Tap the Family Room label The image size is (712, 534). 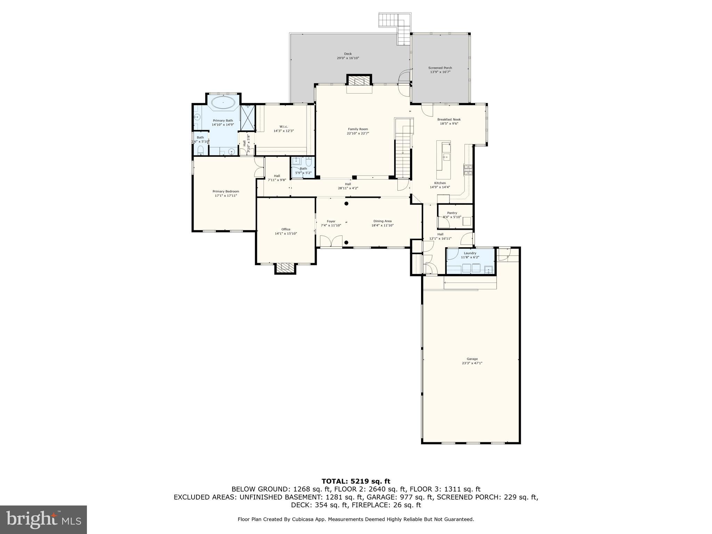click(x=358, y=129)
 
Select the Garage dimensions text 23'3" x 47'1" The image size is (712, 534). click(x=472, y=363)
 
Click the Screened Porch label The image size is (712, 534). click(x=440, y=68)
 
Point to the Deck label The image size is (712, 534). click(x=348, y=54)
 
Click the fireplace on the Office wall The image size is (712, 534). click(x=285, y=267)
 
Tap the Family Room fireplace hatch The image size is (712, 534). click(x=359, y=81)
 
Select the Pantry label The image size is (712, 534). click(x=452, y=213)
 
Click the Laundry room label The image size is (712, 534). click(x=470, y=253)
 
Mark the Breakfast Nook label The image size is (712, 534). click(x=449, y=119)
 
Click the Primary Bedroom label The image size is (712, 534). click(x=226, y=191)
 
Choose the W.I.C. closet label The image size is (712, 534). click(x=283, y=127)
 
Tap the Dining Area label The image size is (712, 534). click(x=382, y=221)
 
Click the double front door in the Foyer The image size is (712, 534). click(x=331, y=242)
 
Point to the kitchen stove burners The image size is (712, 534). click(x=468, y=170)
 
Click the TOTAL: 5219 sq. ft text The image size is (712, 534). click(x=356, y=481)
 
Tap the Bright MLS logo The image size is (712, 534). click(x=43, y=519)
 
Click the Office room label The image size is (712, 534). click(x=286, y=229)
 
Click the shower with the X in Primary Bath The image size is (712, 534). click(x=248, y=118)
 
